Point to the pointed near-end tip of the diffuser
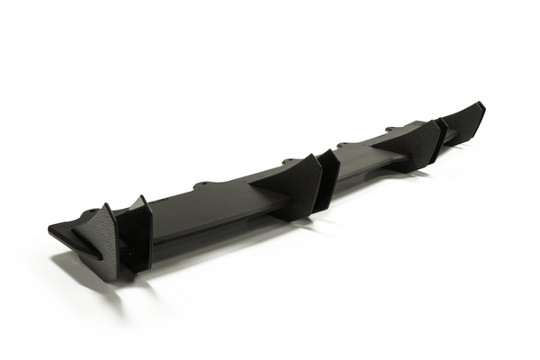click(x=50, y=229)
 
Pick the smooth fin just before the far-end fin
click(x=439, y=135)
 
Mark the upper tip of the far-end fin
click(x=482, y=103)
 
